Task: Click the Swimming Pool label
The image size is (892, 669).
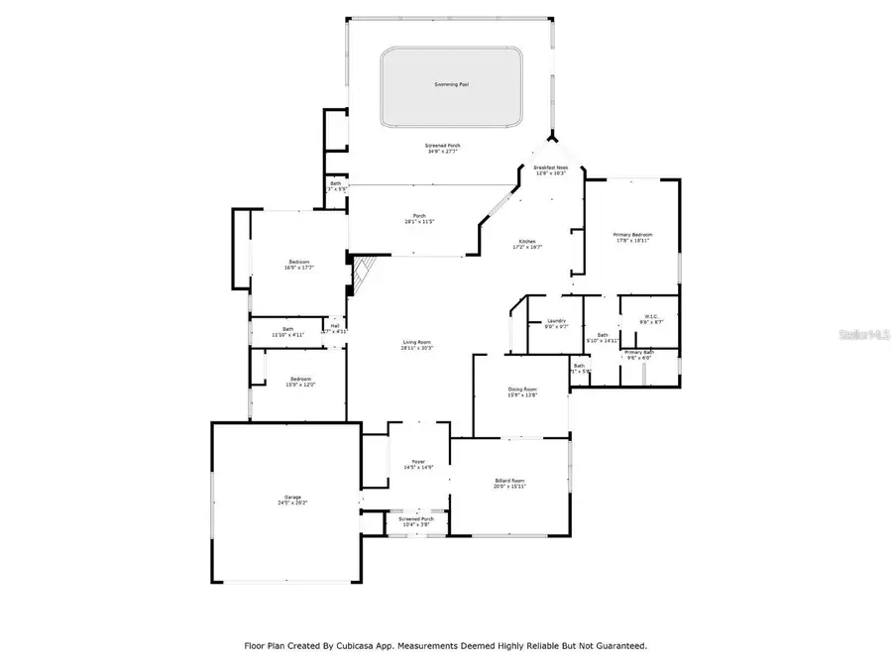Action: click(x=451, y=84)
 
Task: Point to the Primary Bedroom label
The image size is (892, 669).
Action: click(x=632, y=235)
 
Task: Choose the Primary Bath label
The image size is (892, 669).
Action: click(x=638, y=353)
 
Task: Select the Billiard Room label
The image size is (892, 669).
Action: click(x=509, y=481)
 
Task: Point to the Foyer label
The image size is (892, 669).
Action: click(x=418, y=463)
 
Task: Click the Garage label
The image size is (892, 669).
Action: click(x=286, y=499)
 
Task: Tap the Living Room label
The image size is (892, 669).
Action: click(x=416, y=343)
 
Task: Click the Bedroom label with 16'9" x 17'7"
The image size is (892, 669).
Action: click(x=298, y=263)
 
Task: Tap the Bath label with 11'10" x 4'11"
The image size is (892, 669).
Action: click(x=287, y=330)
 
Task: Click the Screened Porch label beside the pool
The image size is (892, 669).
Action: click(x=443, y=146)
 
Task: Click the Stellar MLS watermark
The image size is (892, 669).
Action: click(x=863, y=336)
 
